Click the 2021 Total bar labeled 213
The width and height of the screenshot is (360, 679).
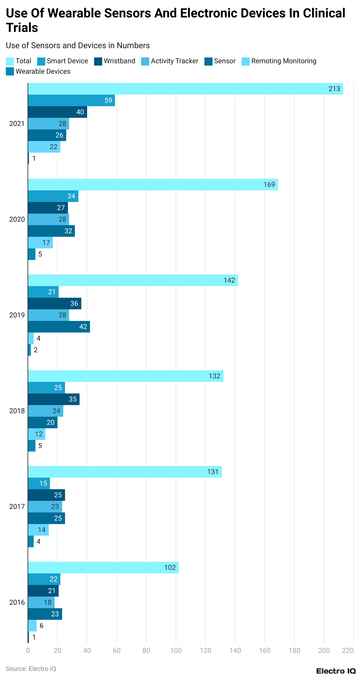186,89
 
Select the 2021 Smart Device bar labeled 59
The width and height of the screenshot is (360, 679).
71,100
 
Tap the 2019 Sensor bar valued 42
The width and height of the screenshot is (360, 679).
59,327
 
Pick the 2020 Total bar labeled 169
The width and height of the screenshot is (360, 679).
153,185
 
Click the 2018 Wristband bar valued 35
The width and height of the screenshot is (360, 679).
54,399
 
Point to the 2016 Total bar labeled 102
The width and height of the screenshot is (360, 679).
103,568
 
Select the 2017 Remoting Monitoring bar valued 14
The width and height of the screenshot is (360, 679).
38,530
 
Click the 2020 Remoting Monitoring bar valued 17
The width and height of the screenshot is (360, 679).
40,243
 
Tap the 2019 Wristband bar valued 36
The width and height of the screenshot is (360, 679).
55,304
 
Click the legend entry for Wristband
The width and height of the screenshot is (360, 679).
115,61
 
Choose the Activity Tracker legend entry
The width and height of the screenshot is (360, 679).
170,61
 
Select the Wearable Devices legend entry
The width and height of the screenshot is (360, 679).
38,72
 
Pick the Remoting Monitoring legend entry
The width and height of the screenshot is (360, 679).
279,61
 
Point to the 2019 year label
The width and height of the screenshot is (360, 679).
17,315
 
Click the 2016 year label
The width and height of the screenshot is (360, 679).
17,602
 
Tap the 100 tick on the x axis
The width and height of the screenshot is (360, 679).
176,651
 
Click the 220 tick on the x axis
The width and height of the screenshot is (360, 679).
348,651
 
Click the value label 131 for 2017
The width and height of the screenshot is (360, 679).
213,472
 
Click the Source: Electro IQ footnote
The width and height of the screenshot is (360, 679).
31,669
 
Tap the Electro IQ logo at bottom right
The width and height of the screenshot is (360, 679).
336,671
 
